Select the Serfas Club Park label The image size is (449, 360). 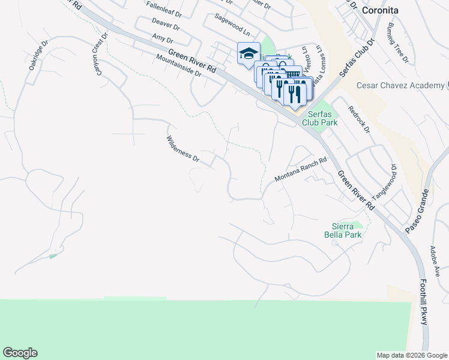(323, 118)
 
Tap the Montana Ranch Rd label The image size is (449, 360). (300, 170)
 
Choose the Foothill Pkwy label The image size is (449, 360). (424, 304)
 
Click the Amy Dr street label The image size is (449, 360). (159, 38)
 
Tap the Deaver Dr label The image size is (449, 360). (166, 26)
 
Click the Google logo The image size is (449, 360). (20, 353)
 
